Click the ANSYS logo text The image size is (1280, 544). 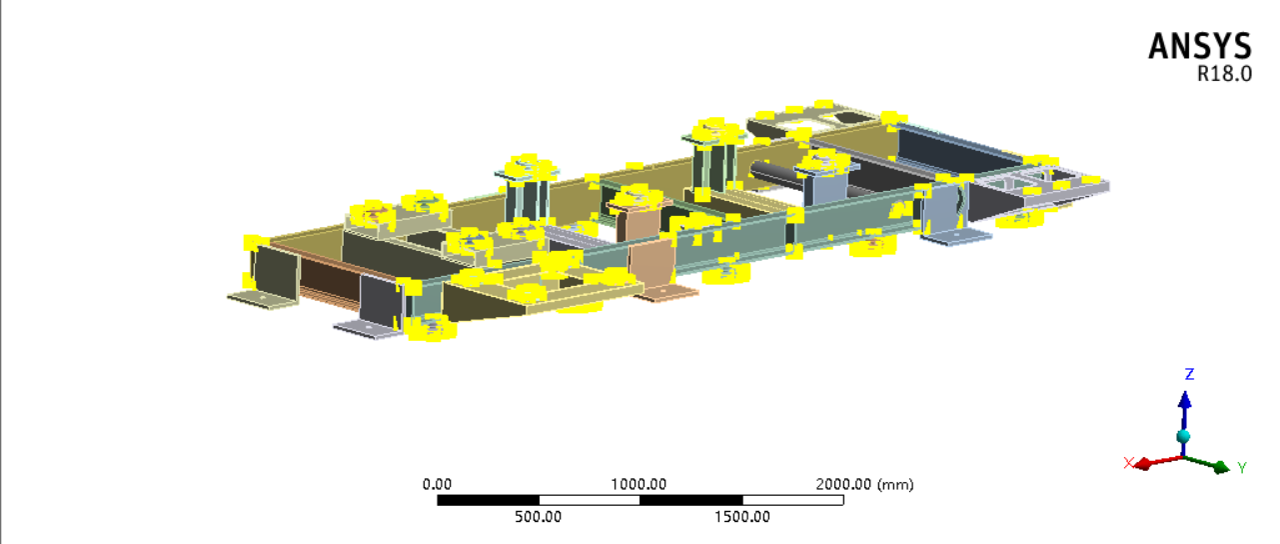tap(1200, 46)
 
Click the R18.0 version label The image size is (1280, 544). tap(1225, 74)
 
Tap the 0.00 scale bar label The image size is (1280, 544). tap(437, 485)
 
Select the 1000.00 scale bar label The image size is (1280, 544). tap(639, 485)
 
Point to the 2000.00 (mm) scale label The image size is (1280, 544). tap(864, 485)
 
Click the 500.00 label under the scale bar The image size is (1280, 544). tap(539, 517)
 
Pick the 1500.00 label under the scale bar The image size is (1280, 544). tap(742, 517)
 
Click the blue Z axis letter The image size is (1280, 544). tap(1190, 374)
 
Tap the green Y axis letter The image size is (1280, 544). tap(1242, 468)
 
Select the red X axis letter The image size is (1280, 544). tap(1128, 462)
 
